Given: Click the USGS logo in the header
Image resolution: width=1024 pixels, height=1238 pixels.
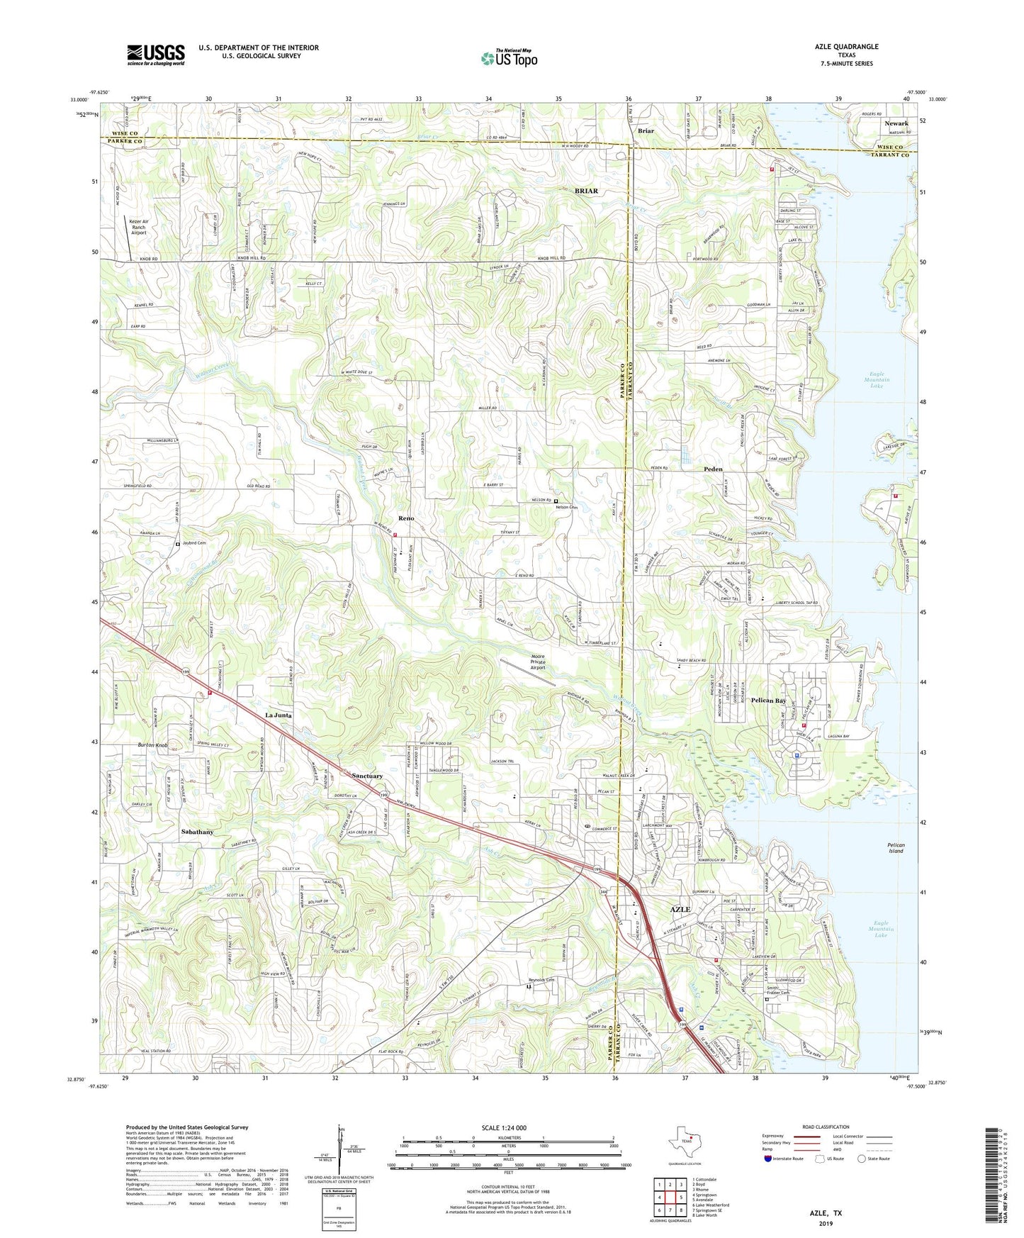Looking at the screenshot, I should tap(156, 55).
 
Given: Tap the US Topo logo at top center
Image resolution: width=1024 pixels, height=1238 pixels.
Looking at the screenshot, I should tap(508, 58).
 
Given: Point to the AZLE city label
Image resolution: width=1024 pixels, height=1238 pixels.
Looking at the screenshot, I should tap(680, 909).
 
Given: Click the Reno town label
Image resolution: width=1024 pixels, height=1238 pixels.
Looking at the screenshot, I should tap(405, 518).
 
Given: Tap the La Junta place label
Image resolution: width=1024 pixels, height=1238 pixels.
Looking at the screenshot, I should tap(278, 715).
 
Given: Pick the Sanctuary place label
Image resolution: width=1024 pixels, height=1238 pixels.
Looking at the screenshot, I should tap(367, 776).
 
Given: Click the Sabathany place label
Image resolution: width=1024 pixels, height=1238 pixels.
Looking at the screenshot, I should tap(197, 831).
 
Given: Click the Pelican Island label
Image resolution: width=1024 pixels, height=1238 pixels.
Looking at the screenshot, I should tap(896, 848).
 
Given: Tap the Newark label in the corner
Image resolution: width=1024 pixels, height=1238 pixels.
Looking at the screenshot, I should tap(896, 123).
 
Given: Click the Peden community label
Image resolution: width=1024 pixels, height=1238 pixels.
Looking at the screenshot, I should tap(713, 469).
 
